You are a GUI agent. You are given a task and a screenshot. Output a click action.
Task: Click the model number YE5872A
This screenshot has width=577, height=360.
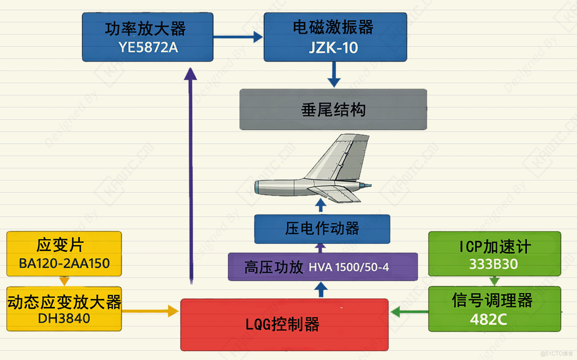pyautogui.click(x=148, y=48)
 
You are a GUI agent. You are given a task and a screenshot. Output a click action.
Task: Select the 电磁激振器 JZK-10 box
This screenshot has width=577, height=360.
pyautogui.click(x=335, y=37)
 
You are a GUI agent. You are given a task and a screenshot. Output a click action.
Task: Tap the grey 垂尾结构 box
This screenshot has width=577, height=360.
pyautogui.click(x=333, y=110)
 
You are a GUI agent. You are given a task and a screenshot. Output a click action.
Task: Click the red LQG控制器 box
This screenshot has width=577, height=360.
pyautogui.click(x=284, y=324)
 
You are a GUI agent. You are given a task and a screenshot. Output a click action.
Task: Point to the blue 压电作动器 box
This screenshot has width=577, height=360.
pyautogui.click(x=322, y=229)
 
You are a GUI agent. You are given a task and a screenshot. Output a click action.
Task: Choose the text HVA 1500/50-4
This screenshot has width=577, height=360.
pyautogui.click(x=349, y=267)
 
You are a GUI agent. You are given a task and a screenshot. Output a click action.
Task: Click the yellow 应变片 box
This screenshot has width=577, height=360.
pyautogui.click(x=64, y=253)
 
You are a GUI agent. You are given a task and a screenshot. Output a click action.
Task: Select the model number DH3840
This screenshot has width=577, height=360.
pyautogui.click(x=64, y=318)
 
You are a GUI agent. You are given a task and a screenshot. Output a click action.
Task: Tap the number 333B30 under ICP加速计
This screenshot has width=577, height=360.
pyautogui.click(x=493, y=264)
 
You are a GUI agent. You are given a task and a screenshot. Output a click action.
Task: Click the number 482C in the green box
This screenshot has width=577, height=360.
pyautogui.click(x=488, y=319)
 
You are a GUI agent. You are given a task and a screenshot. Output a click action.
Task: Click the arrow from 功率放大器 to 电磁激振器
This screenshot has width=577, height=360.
pyautogui.click(x=238, y=37)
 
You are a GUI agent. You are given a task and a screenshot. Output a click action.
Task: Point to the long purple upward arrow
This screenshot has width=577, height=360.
pyautogui.click(x=191, y=176)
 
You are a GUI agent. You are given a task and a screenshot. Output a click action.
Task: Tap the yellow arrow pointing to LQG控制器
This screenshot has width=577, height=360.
pyautogui.click(x=150, y=311)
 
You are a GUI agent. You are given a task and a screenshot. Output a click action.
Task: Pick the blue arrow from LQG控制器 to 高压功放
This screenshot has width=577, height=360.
pyautogui.click(x=321, y=290)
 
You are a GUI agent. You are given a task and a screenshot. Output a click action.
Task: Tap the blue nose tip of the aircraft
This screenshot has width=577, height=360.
pyautogui.click(x=368, y=185)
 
